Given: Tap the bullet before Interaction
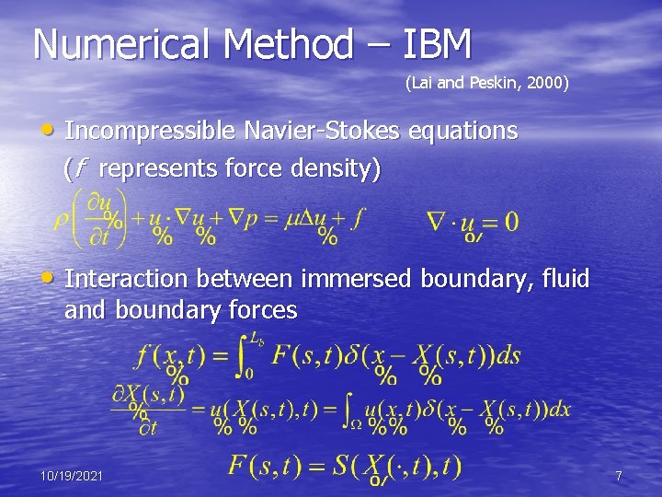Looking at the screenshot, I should (54, 279).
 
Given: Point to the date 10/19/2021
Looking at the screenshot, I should (72, 476).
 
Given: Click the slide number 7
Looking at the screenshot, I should (619, 476).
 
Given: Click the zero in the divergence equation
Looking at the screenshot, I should (509, 221).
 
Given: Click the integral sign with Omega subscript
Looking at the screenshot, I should (350, 409).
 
